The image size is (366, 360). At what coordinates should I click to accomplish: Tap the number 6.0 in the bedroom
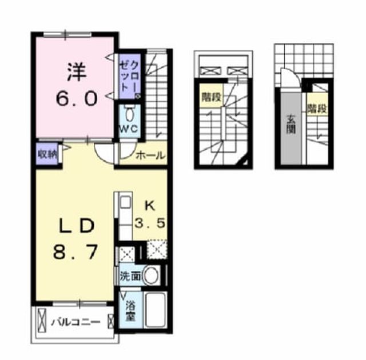pos(76,99)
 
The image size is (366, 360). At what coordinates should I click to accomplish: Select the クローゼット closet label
pos(130,77)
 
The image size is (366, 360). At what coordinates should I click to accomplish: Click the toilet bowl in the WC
pos(129,115)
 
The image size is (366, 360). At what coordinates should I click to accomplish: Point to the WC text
pos(129,129)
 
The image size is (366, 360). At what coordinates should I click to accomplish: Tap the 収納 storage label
pos(47,154)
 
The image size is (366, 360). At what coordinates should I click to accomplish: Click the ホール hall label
pos(150,155)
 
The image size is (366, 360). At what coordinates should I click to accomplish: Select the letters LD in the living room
pos(77,226)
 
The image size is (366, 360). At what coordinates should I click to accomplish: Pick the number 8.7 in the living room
pos(75,252)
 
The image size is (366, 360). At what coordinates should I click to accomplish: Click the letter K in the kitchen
pos(150,206)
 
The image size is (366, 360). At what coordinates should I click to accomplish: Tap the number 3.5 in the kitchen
pos(150,223)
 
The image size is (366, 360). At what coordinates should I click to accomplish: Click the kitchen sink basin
pos(126,202)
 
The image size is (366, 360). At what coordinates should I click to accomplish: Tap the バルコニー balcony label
pos(76,322)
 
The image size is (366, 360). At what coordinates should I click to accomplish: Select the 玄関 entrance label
pos(291,124)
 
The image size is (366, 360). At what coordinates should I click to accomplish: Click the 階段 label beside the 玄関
pos(317,108)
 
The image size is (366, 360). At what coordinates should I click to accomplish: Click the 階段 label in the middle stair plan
pos(212,97)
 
